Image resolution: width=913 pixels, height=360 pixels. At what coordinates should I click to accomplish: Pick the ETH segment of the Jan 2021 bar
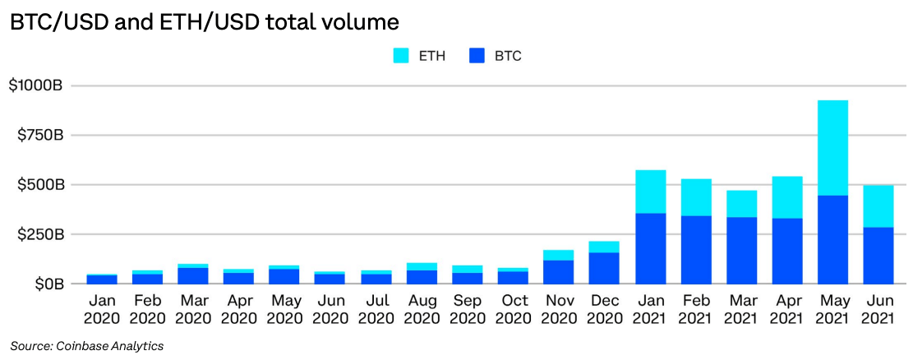650,192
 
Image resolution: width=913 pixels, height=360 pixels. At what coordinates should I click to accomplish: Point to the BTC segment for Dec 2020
604,268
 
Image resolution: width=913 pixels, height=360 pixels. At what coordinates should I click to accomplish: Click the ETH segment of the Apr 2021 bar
786,197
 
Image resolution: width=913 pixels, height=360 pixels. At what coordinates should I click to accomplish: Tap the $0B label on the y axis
47,284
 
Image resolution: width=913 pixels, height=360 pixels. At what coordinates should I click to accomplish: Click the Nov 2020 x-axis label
558,309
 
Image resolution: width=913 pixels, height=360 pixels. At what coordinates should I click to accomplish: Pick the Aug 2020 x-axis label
422,309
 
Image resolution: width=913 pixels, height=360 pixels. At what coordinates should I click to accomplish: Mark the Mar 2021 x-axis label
741,309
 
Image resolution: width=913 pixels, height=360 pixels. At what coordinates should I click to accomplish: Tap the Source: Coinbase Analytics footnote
86,346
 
